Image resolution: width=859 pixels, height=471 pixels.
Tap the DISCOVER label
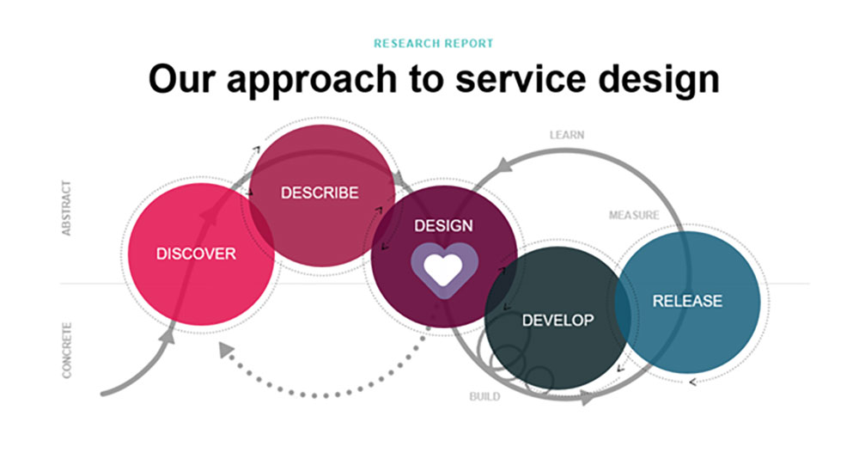click(196, 254)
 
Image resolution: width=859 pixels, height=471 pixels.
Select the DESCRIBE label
click(320, 193)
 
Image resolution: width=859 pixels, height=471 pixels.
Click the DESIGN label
click(443, 225)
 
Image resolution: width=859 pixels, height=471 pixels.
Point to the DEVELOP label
click(557, 321)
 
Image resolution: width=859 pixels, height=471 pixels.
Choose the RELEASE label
click(687, 301)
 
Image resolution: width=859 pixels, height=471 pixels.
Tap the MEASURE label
click(634, 215)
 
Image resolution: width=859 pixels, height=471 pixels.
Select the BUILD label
click(484, 397)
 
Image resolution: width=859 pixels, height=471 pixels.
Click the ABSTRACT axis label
click(67, 208)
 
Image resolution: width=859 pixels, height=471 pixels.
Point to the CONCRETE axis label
click(67, 350)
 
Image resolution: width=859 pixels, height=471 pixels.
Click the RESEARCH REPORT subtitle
click(434, 43)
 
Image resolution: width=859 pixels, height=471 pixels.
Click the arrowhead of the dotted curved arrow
click(225, 350)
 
